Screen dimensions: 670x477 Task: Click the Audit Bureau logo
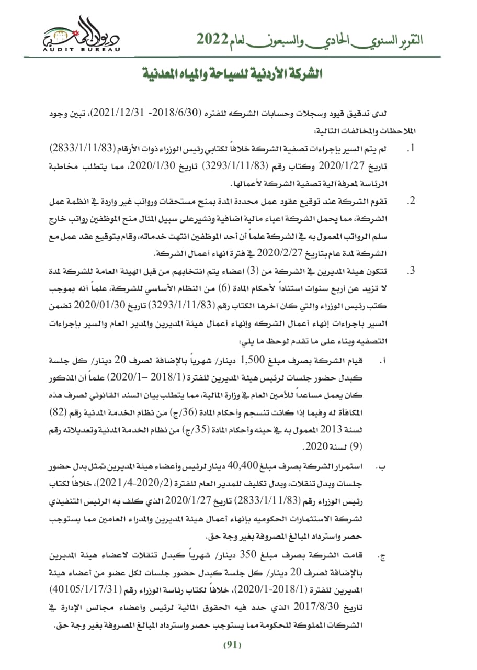coord(81,34)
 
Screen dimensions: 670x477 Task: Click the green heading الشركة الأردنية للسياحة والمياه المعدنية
coord(233,73)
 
